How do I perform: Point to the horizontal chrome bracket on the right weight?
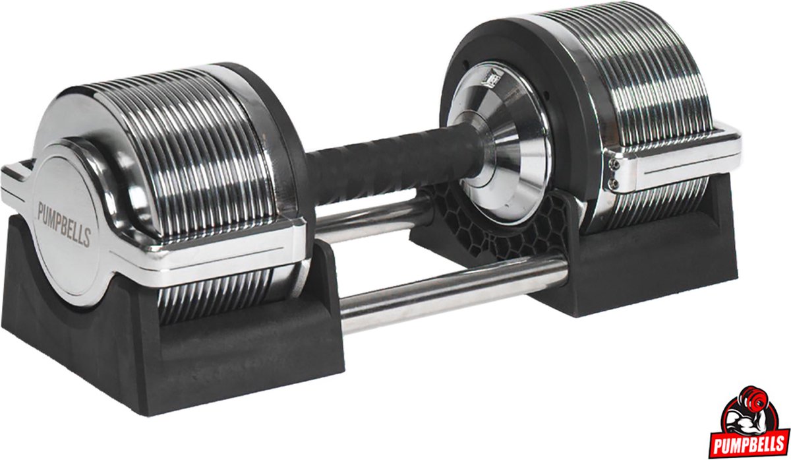pyautogui.click(x=679, y=158)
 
